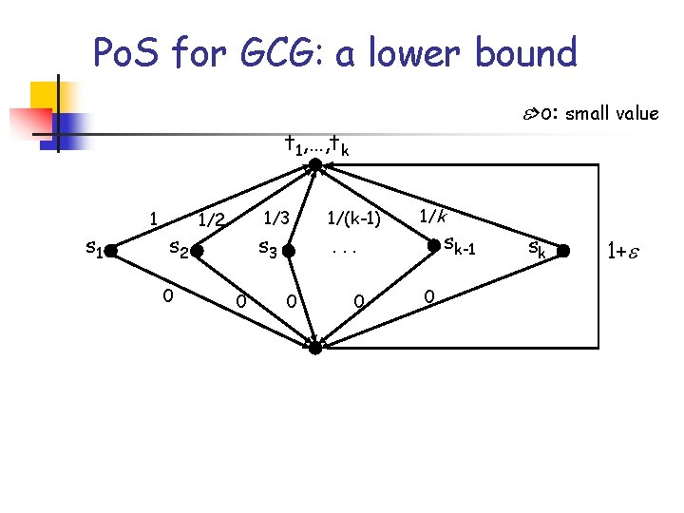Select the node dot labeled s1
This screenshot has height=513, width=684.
(x=110, y=252)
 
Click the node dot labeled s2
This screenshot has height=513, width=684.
(x=195, y=252)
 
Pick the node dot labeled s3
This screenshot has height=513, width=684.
(x=292, y=252)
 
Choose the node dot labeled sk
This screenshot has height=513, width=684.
(x=562, y=252)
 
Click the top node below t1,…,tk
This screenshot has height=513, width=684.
(x=315, y=166)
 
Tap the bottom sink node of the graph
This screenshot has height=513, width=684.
(x=315, y=348)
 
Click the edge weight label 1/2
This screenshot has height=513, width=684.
(x=211, y=220)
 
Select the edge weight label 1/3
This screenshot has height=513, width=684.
(x=277, y=217)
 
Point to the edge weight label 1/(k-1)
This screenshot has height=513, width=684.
(x=353, y=219)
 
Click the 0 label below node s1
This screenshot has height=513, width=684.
(x=166, y=295)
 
